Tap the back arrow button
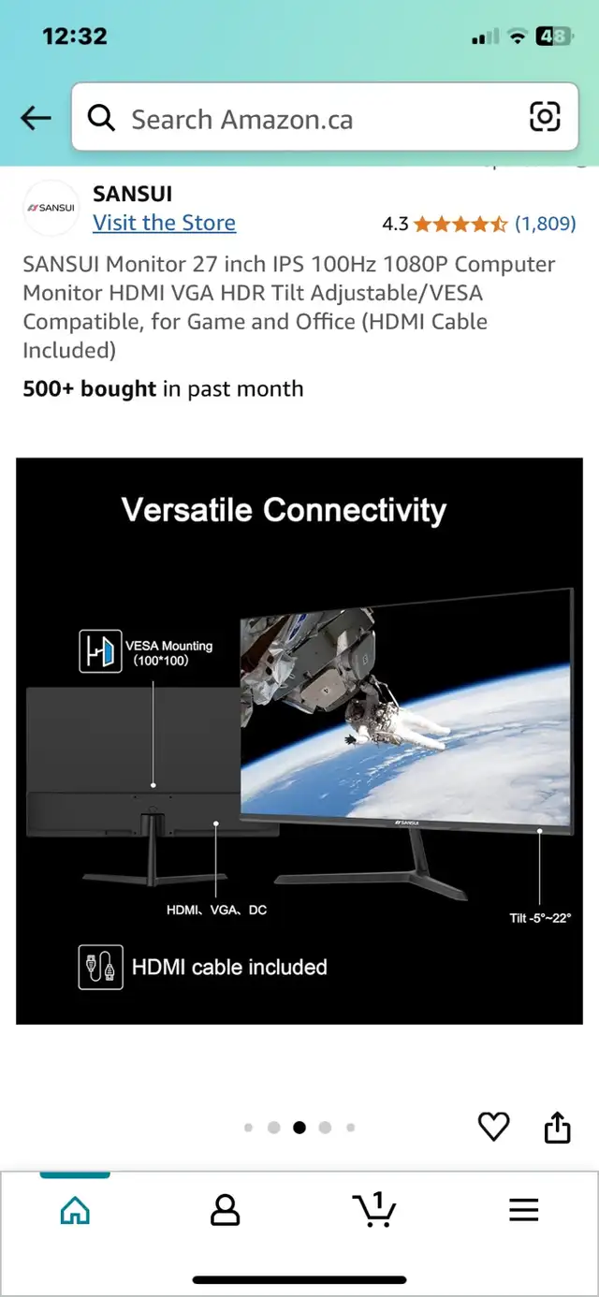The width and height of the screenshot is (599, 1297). click(x=36, y=118)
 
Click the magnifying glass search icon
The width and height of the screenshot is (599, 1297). click(x=101, y=118)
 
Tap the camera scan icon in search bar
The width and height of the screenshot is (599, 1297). click(x=545, y=117)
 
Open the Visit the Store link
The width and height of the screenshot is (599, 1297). click(x=164, y=223)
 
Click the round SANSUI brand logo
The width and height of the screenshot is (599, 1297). click(x=51, y=208)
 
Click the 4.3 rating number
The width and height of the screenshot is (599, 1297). click(x=395, y=224)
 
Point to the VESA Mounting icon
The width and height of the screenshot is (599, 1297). click(x=100, y=651)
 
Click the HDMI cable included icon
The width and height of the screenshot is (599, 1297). click(x=101, y=967)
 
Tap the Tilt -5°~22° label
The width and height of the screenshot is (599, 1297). click(x=540, y=918)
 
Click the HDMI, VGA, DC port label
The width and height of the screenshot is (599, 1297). click(x=216, y=910)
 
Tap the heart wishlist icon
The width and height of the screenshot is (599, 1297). click(x=493, y=1127)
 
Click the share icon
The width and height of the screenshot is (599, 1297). click(x=557, y=1127)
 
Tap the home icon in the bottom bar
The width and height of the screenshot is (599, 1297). click(x=75, y=1210)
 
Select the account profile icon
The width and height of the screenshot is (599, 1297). click(x=225, y=1210)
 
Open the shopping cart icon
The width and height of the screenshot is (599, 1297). click(x=374, y=1209)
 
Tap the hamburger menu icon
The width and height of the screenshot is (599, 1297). click(x=524, y=1210)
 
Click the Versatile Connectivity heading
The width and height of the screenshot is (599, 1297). click(x=284, y=510)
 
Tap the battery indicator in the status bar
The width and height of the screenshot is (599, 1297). click(x=554, y=36)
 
